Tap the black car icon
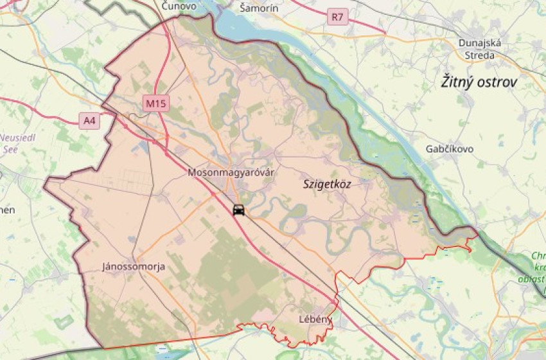238,210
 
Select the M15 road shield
155,103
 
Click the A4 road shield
90,120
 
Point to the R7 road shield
337,17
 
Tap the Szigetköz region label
327,184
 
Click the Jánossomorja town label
133,266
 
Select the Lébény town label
315,319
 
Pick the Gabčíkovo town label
449,148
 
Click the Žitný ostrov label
479,82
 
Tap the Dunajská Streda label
480,49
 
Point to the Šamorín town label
258,8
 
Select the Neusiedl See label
17,142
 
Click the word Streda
480,55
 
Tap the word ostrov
497,82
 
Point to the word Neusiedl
17,138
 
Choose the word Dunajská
480,43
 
